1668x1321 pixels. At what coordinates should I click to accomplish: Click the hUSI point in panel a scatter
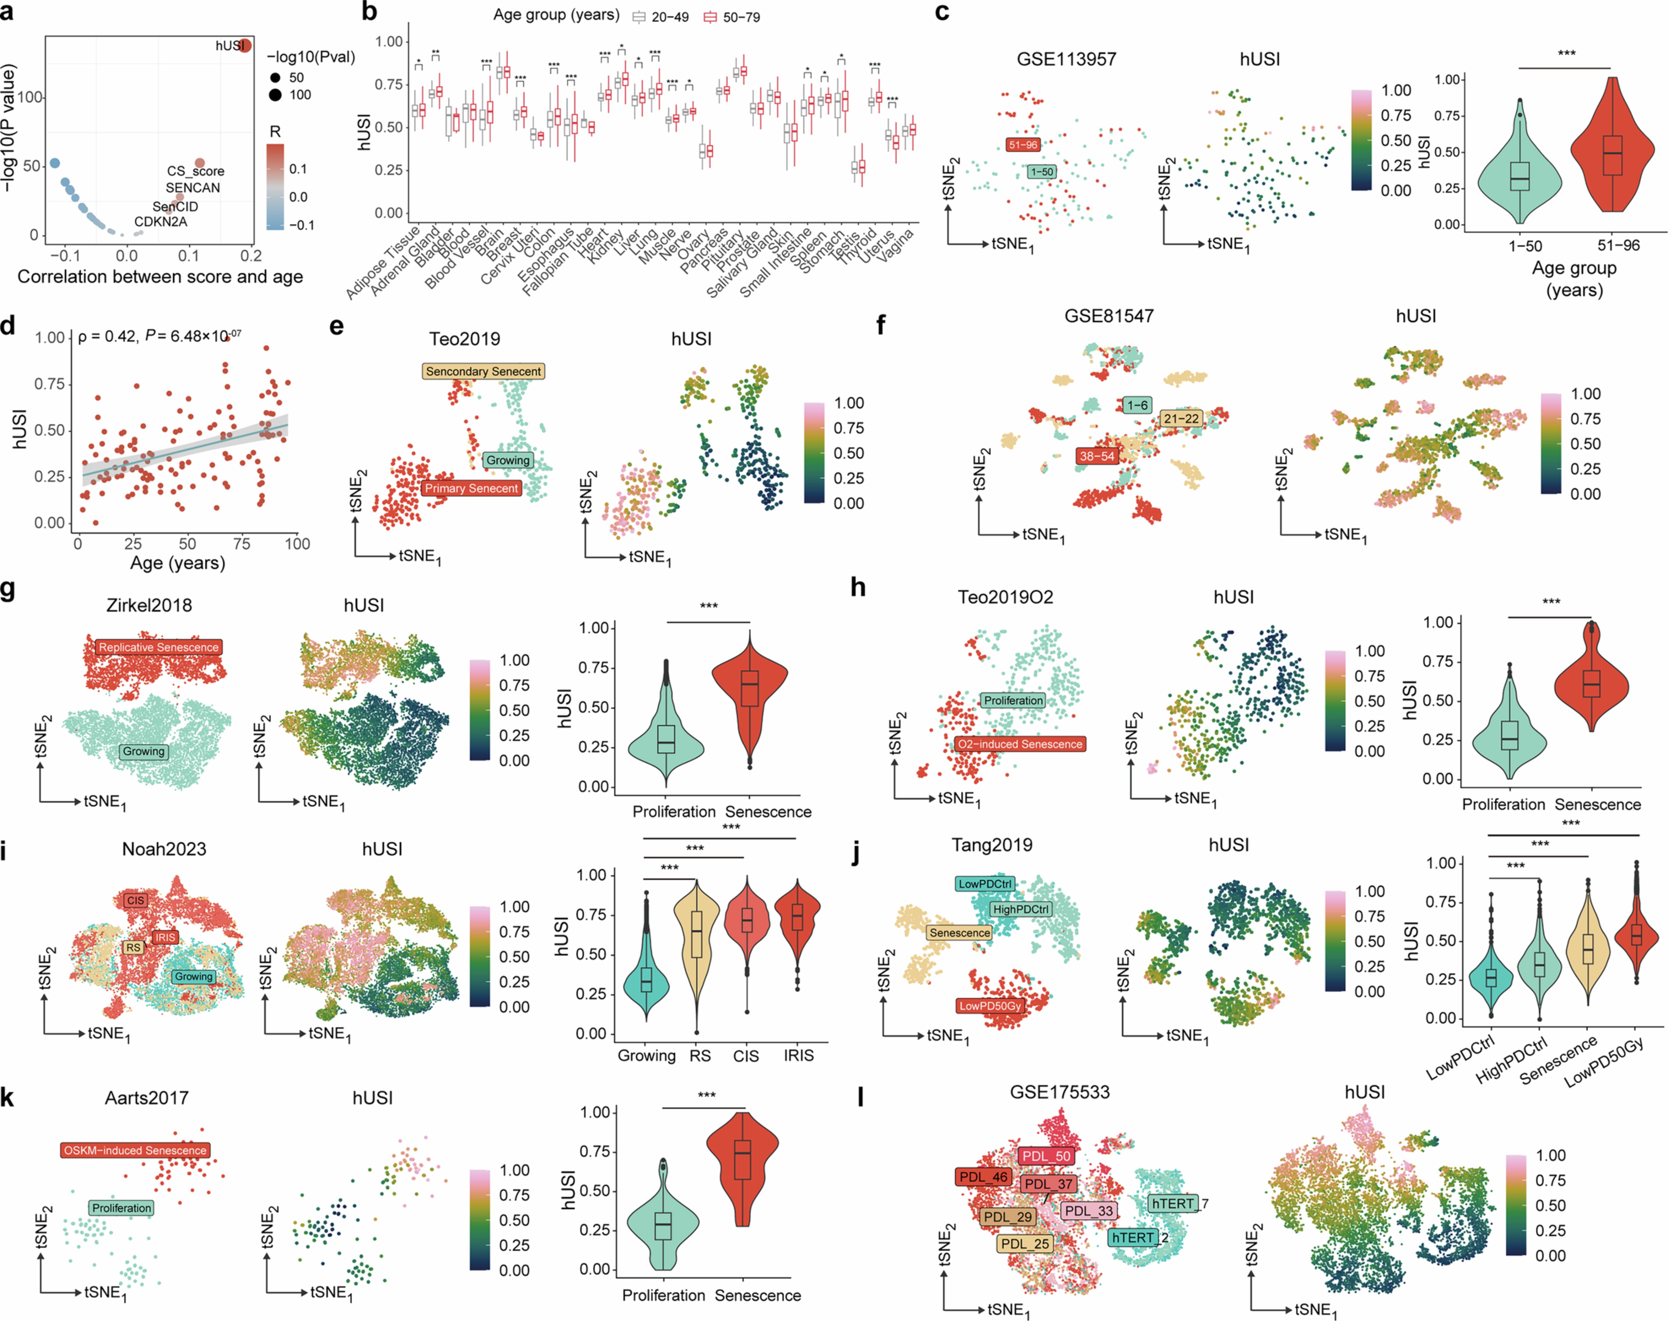click(x=245, y=46)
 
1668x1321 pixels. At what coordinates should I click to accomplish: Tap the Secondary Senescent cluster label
click(x=484, y=371)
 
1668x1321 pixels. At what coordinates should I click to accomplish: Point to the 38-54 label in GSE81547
click(x=1097, y=455)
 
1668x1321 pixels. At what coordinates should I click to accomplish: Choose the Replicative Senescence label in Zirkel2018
click(x=159, y=647)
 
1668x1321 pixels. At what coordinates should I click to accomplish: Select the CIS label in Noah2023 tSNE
click(x=135, y=900)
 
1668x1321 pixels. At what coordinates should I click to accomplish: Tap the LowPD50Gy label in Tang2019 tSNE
click(x=990, y=1006)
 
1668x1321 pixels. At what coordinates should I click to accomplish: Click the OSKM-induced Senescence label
click(x=135, y=1150)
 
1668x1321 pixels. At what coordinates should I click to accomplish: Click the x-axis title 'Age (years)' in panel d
click(x=177, y=562)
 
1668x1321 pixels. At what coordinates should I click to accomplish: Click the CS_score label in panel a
click(x=196, y=171)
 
